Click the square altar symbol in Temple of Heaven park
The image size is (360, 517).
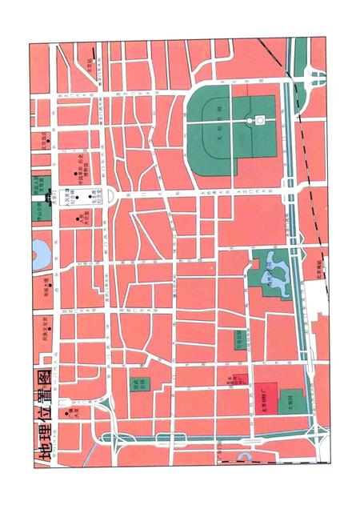(259, 121)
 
